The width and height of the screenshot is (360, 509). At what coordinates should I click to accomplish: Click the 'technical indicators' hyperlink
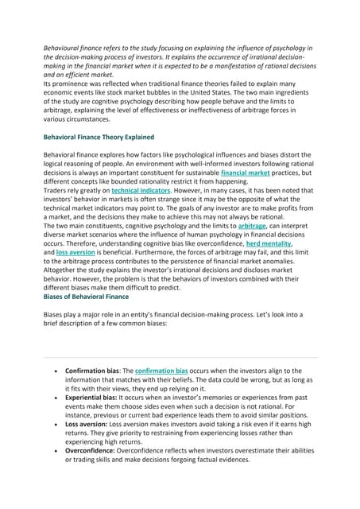[141, 192]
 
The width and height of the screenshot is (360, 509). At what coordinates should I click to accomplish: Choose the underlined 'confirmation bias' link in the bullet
[161, 371]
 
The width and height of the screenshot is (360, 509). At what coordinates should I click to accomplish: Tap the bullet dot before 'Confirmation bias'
[53, 371]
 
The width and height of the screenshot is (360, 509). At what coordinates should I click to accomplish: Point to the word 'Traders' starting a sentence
[56, 192]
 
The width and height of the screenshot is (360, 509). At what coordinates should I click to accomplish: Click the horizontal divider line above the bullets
[180, 356]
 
